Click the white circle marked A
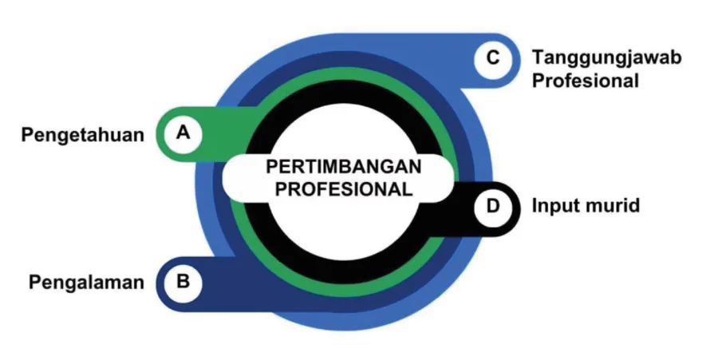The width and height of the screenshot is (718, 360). click(183, 134)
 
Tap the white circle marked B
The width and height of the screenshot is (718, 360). click(183, 283)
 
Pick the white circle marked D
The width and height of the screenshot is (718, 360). click(493, 208)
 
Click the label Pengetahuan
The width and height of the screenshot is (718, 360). click(83, 135)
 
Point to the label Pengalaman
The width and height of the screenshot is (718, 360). click(86, 282)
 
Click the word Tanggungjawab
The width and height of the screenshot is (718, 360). click(607, 58)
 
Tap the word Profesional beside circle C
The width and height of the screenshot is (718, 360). click(586, 81)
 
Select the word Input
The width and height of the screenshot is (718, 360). click(554, 206)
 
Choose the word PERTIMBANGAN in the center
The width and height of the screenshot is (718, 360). click(343, 167)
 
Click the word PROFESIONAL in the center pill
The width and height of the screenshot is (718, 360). click(343, 189)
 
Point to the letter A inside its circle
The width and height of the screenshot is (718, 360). click(183, 133)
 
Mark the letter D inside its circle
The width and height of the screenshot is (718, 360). click(493, 207)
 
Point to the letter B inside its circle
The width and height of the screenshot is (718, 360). click(183, 282)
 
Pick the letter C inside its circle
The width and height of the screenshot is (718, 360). click(493, 58)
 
